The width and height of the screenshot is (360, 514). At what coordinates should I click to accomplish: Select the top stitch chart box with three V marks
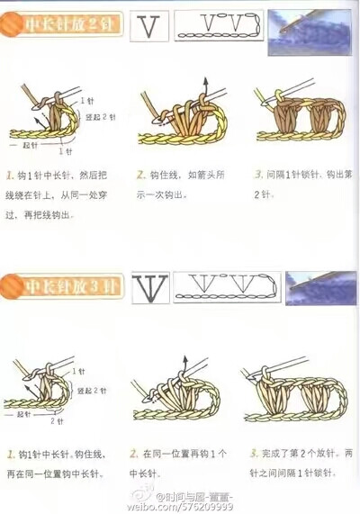219,26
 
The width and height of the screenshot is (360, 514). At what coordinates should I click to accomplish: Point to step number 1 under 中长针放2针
9,175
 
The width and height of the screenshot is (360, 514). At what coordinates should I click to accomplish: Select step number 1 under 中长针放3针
9,455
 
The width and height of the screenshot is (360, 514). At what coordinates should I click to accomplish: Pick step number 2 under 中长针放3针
133,455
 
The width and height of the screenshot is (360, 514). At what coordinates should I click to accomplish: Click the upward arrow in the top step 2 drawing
205,87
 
